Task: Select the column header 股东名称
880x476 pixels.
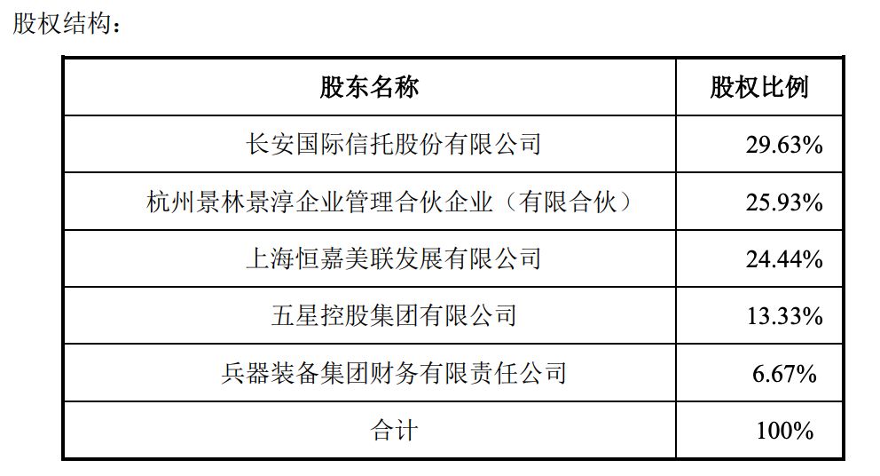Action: (369, 88)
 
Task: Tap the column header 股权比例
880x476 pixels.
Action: (759, 88)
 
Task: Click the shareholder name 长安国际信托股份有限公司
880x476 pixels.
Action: (393, 145)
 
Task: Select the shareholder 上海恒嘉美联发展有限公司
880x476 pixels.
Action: (393, 258)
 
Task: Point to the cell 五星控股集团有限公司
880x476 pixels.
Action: (393, 315)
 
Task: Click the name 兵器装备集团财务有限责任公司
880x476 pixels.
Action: (393, 373)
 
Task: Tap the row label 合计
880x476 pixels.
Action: (393, 431)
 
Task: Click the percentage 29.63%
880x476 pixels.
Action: (784, 145)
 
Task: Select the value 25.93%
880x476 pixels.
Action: (784, 202)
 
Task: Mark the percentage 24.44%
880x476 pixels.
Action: (784, 259)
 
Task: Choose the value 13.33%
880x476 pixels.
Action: (784, 316)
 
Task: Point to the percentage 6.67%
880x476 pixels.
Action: (784, 374)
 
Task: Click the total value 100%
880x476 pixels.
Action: (784, 431)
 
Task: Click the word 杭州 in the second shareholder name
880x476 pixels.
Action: (170, 202)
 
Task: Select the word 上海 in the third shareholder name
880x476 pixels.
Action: (270, 258)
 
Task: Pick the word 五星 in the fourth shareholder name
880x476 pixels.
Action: (295, 315)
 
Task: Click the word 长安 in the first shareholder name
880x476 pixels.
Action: (270, 145)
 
